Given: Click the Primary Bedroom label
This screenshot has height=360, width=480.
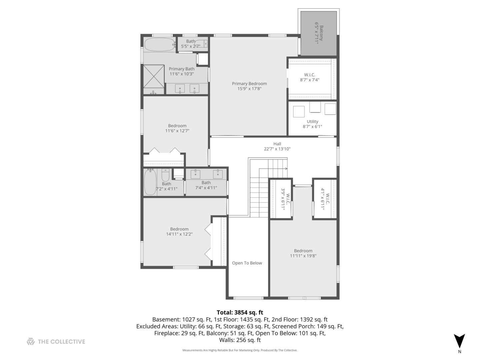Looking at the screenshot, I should (249, 84).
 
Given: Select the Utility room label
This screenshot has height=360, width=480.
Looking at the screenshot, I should (312, 122).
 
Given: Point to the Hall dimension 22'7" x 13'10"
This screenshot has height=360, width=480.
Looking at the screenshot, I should (277, 149).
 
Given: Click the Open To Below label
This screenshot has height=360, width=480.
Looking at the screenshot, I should (247, 263).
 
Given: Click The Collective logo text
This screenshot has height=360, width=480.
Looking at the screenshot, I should (61, 342).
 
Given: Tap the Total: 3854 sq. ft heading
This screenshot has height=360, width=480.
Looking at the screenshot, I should (240, 312).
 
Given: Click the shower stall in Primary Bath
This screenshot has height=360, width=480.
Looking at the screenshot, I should (154, 76).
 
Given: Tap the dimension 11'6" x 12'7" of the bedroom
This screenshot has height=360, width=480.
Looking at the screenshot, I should (177, 131).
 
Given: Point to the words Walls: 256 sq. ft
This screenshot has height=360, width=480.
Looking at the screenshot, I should (240, 340).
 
